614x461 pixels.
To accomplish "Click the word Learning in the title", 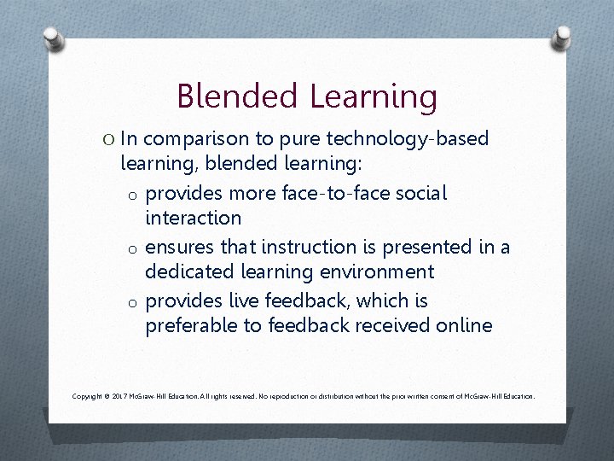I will click(369, 96).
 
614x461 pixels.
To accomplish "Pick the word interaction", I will click(194, 219).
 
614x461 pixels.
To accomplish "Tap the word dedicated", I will click(188, 272).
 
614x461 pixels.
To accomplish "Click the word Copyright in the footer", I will click(88, 396).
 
